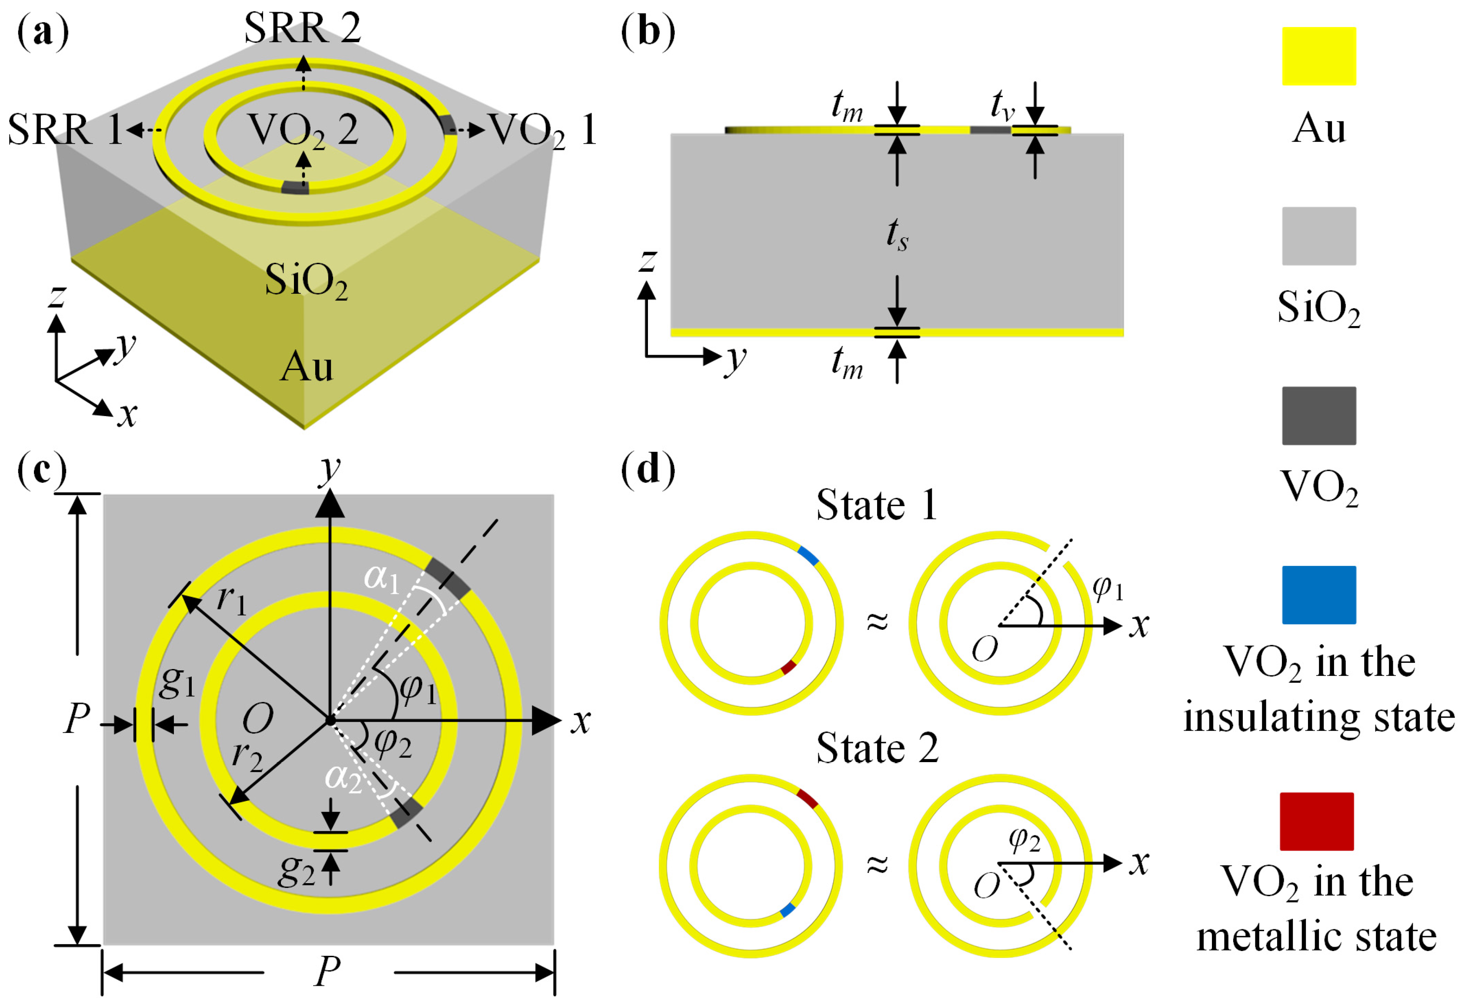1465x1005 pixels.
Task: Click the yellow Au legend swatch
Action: pos(1319,56)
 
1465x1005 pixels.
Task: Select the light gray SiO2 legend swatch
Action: pos(1319,236)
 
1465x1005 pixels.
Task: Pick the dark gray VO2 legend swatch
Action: pos(1319,416)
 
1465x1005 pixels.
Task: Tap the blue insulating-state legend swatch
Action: pos(1319,595)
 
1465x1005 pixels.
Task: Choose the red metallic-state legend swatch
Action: pos(1317,821)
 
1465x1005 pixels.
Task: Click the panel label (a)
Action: pos(43,31)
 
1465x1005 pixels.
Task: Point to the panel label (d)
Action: pos(647,470)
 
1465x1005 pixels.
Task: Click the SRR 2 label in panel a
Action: pos(303,28)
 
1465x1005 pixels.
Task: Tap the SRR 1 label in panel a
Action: pos(64,130)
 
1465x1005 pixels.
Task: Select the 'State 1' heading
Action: pos(876,505)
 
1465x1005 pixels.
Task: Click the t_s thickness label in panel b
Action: pos(897,235)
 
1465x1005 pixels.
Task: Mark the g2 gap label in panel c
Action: pos(296,871)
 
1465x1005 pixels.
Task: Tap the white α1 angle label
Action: pos(382,577)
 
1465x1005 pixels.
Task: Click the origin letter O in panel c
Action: pos(258,719)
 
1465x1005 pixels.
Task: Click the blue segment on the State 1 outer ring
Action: pos(808,556)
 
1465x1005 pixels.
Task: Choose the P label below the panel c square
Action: pos(328,971)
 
